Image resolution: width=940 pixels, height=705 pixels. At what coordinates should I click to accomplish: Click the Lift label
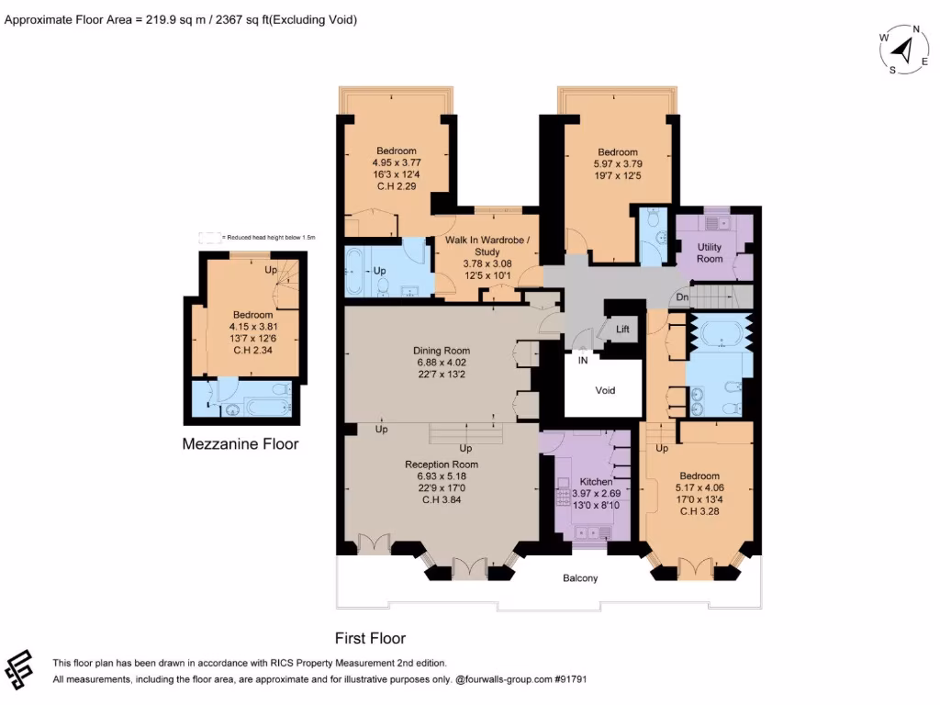pyautogui.click(x=622, y=330)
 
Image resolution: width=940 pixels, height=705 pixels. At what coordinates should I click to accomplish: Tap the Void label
pyautogui.click(x=605, y=390)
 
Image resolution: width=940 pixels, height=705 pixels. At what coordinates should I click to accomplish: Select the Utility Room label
pyautogui.click(x=710, y=253)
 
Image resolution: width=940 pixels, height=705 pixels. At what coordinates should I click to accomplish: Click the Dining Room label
pyautogui.click(x=442, y=351)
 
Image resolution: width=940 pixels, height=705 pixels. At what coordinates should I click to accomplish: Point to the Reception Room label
pyautogui.click(x=442, y=464)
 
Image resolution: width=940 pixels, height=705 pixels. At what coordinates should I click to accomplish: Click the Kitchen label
pyautogui.click(x=596, y=483)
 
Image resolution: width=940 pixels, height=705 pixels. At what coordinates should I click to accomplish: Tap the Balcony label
pyautogui.click(x=580, y=578)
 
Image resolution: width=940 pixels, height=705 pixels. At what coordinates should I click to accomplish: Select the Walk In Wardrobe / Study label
pyautogui.click(x=487, y=246)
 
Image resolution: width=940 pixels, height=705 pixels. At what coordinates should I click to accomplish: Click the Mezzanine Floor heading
pyautogui.click(x=241, y=444)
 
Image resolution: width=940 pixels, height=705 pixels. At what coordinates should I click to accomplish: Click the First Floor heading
pyautogui.click(x=370, y=638)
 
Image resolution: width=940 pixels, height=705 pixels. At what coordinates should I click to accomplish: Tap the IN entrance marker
pyautogui.click(x=582, y=361)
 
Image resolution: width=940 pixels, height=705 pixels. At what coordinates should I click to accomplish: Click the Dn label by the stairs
pyautogui.click(x=682, y=297)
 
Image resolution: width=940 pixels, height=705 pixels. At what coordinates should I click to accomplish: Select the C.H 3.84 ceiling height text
pyautogui.click(x=442, y=500)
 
